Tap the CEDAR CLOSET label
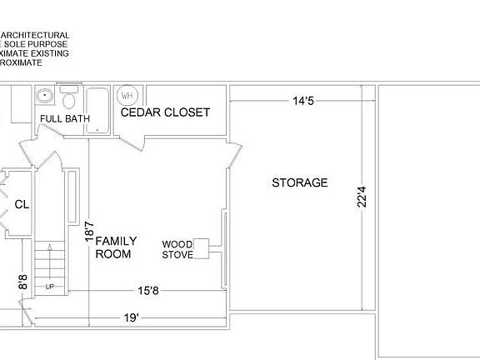pos(166,112)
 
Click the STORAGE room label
pos(300,182)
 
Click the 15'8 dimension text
pos(148,291)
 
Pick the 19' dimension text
pos(131,318)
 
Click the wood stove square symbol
pos(201,247)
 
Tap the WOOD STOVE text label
pos(177,249)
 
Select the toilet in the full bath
pos(70,101)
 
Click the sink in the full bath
pos(44,97)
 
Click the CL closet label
pos(22,202)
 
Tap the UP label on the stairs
pos(49,287)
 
